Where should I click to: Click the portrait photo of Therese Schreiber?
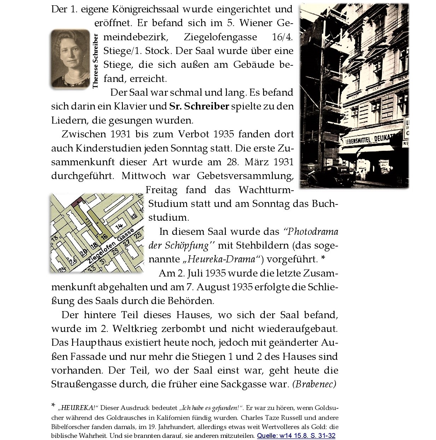pyautogui.click(x=70, y=58)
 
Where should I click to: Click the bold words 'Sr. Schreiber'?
pyautogui.click(x=199, y=106)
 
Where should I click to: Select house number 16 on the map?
pyautogui.click(x=104, y=237)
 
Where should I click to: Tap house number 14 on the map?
pyautogui.click(x=119, y=226)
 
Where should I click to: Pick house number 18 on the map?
pyautogui.click(x=94, y=245)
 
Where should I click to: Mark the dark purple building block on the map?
pyautogui.click(x=77, y=202)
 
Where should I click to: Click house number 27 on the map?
pyautogui.click(x=126, y=244)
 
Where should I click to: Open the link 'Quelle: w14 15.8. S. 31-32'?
pyautogui.click(x=296, y=435)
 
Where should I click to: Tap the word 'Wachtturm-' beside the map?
pyautogui.click(x=266, y=190)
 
